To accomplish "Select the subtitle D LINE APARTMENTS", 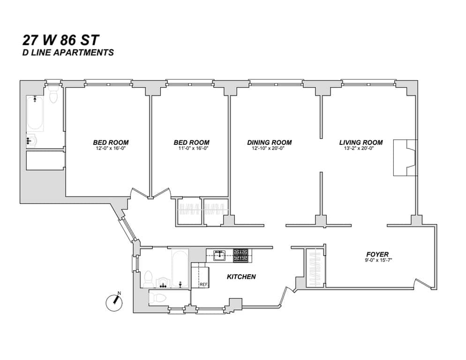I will [68, 52].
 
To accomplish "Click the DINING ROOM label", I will [269, 142].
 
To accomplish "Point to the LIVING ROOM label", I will [361, 142].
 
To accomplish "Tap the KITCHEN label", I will [241, 277].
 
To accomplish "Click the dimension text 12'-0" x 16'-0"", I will [111, 149].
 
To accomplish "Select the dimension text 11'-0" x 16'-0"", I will [191, 149].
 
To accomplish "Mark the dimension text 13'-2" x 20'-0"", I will [361, 149].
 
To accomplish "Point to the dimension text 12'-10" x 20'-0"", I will [269, 149].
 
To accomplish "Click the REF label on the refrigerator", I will [203, 285].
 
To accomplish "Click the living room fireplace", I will [405, 157].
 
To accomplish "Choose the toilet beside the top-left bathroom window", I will [53, 96].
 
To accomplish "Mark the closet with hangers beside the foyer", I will [314, 268].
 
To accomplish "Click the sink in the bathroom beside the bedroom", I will [32, 140].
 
